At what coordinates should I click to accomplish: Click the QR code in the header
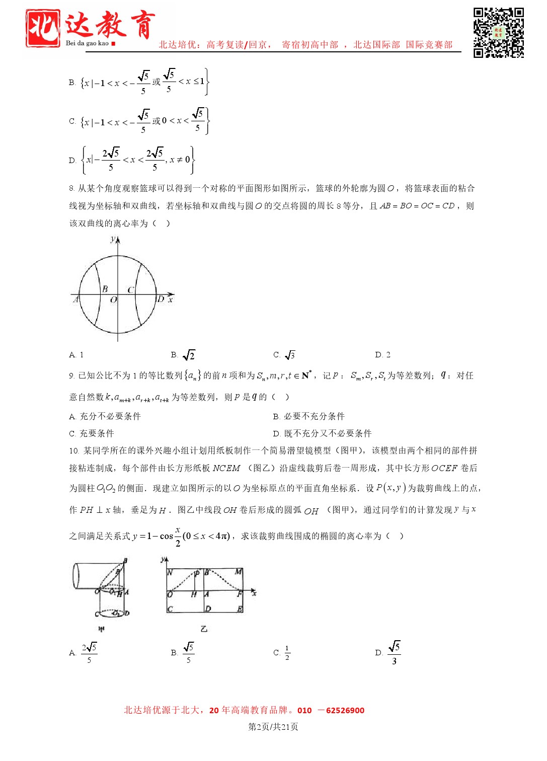[498, 33]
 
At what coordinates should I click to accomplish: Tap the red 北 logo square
[43, 29]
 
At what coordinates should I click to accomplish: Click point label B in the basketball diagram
[105, 289]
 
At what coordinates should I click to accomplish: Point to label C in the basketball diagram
[130, 290]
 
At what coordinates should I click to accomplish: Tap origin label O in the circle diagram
[114, 300]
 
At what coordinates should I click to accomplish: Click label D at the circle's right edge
[161, 299]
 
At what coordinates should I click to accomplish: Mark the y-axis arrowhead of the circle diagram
[118, 240]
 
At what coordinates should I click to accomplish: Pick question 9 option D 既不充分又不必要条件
[322, 433]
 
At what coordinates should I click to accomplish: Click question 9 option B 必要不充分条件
[308, 416]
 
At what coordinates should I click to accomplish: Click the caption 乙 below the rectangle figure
[204, 629]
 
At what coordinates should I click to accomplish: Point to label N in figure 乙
[170, 572]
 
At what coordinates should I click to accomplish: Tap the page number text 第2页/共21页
[273, 727]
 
